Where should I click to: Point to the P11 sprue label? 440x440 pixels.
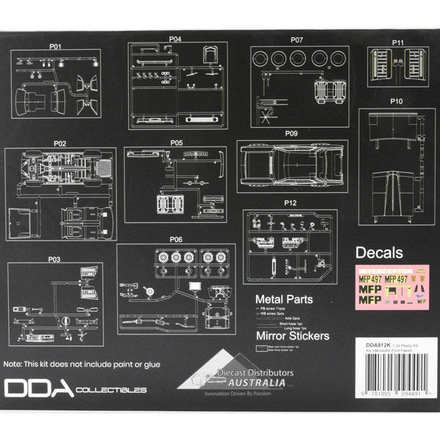pos(398,43)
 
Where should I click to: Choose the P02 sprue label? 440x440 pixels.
pos(60,142)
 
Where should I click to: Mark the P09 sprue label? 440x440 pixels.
pos(291,134)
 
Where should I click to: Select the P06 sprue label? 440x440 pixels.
pos(176,239)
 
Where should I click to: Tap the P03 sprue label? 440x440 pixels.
pos(56,259)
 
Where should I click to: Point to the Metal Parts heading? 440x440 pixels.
pos(284,299)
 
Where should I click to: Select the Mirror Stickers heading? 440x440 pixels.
pos(290,337)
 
